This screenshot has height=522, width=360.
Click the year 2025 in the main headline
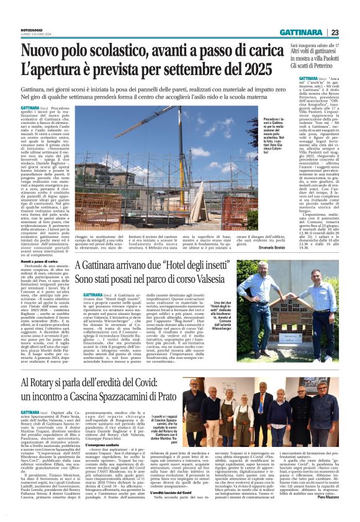[258, 67]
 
